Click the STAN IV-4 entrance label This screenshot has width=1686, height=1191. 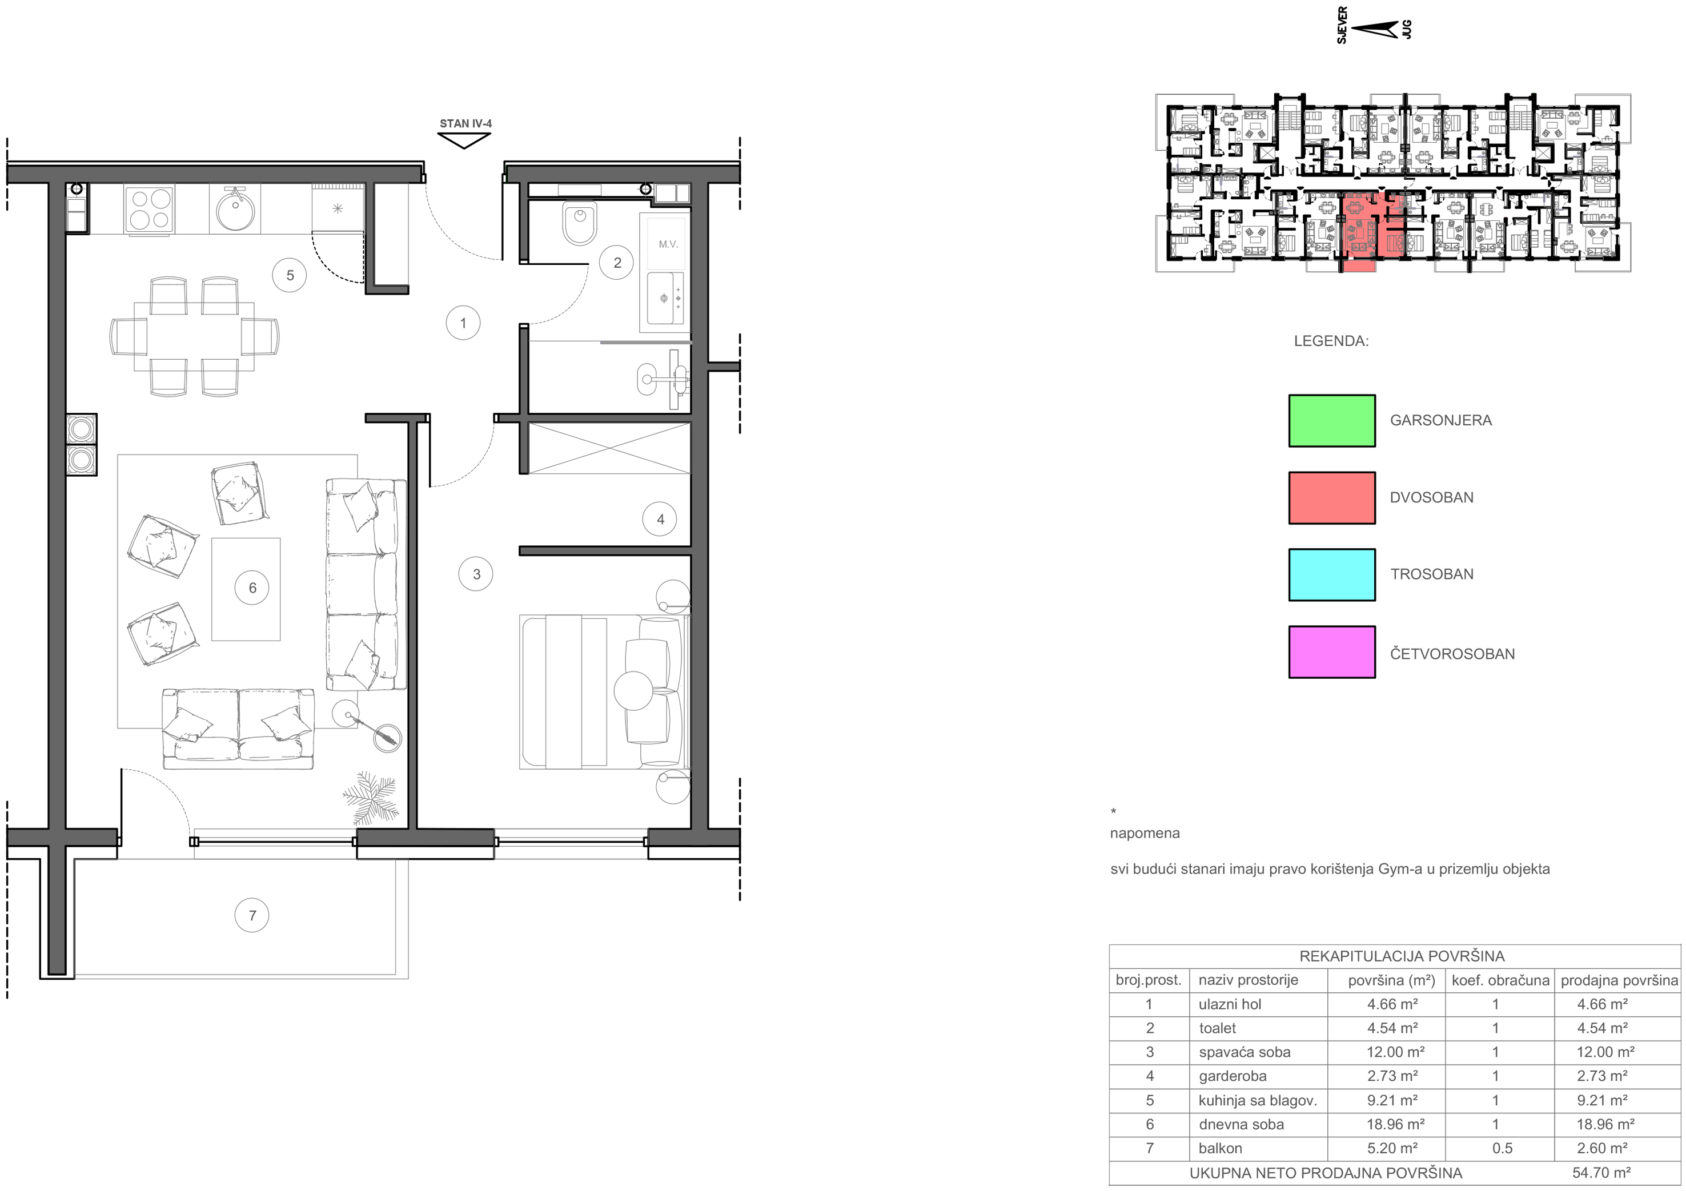(x=465, y=123)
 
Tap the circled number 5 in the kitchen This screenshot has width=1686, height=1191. (x=290, y=275)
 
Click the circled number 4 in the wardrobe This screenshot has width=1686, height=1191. (x=660, y=519)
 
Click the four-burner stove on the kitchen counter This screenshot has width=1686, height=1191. (x=150, y=208)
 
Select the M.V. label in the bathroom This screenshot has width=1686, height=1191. (x=668, y=244)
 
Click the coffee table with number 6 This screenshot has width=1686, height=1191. (x=246, y=589)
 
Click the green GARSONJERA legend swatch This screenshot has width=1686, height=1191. (x=1331, y=421)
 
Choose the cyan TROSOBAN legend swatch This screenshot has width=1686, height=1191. (x=1331, y=575)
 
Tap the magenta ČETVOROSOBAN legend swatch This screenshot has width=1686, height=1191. (x=1331, y=652)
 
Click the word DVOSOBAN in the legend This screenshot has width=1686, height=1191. (x=1431, y=497)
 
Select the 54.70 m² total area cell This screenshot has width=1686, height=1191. (x=1601, y=1173)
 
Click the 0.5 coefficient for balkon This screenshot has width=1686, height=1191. (x=1502, y=1148)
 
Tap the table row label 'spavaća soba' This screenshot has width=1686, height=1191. (x=1244, y=1052)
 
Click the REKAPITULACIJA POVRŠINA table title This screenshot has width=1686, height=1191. (x=1402, y=956)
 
